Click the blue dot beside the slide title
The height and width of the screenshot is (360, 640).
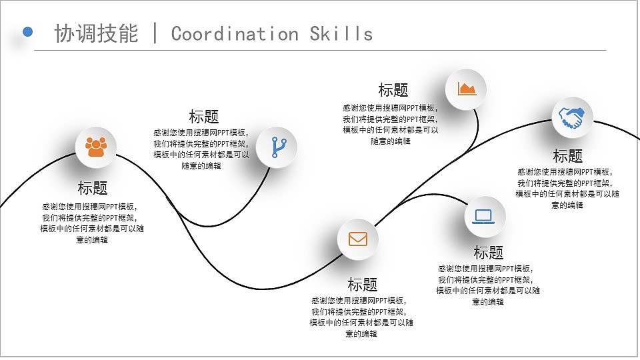(28, 31)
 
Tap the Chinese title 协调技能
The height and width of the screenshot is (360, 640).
(96, 33)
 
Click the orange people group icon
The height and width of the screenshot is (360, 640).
(96, 147)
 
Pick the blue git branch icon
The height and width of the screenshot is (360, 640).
(277, 147)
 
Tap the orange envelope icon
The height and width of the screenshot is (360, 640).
(358, 239)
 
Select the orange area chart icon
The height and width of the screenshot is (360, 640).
(467, 89)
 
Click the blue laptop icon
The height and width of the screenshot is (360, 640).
(484, 217)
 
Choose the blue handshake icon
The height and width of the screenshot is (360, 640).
(571, 118)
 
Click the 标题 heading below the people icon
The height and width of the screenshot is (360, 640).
(92, 188)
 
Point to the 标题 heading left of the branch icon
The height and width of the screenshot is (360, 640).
(204, 116)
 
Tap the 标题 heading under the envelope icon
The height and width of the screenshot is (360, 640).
(362, 285)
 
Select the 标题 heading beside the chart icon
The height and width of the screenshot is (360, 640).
(393, 90)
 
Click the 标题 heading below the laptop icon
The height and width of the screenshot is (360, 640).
(488, 253)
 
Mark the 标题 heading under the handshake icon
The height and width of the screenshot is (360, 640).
(568, 157)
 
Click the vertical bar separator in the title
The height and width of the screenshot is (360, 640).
(155, 33)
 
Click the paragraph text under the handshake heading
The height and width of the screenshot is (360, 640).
(567, 188)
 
